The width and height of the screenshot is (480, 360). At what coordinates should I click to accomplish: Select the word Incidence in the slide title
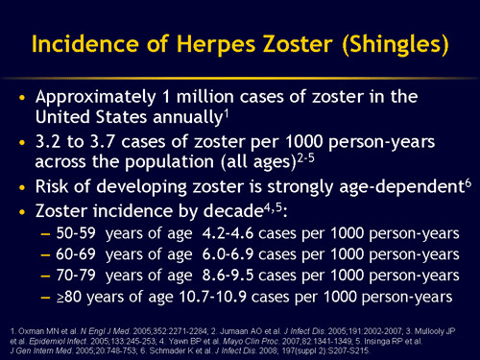pos(78,45)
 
